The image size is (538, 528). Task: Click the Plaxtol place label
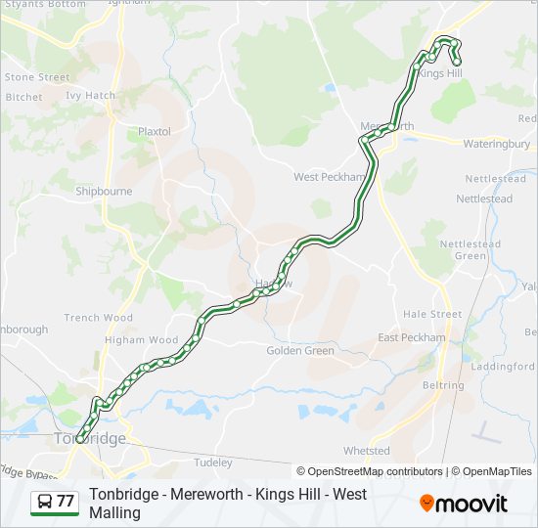pos(155,131)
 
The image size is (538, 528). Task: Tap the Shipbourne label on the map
pos(104,192)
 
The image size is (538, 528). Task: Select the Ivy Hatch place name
pos(90,96)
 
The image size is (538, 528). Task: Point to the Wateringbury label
pos(496,144)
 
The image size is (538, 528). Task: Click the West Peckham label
pos(330,177)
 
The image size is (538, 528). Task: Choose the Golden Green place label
pos(300,350)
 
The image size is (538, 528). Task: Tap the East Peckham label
pos(412,337)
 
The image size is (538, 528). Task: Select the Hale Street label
pos(432,314)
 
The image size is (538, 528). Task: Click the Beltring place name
pos(442,385)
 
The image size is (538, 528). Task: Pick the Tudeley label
pos(214,462)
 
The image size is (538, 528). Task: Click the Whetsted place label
pos(367,451)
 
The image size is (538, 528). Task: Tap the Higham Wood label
pos(142,340)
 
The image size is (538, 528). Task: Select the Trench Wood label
pos(98,318)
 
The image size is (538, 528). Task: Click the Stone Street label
pos(37,77)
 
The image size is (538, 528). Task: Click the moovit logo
pos(464,504)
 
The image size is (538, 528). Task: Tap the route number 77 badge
pos(55,502)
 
